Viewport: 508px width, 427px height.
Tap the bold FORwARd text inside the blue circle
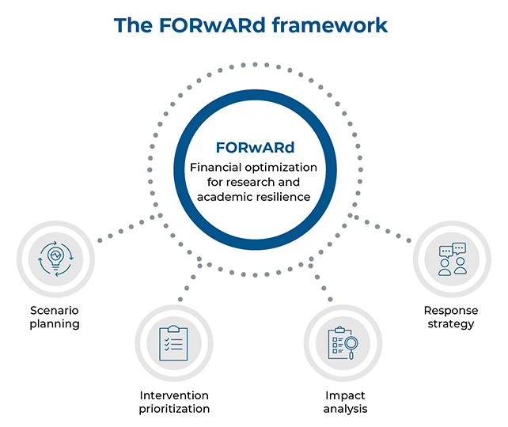click(255, 148)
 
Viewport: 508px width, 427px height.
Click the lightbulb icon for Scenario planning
click(55, 261)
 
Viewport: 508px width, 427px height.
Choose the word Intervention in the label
click(174, 395)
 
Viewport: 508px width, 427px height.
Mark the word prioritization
click(174, 409)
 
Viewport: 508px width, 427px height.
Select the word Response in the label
click(451, 311)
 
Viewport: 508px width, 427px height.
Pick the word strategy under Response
click(451, 324)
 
